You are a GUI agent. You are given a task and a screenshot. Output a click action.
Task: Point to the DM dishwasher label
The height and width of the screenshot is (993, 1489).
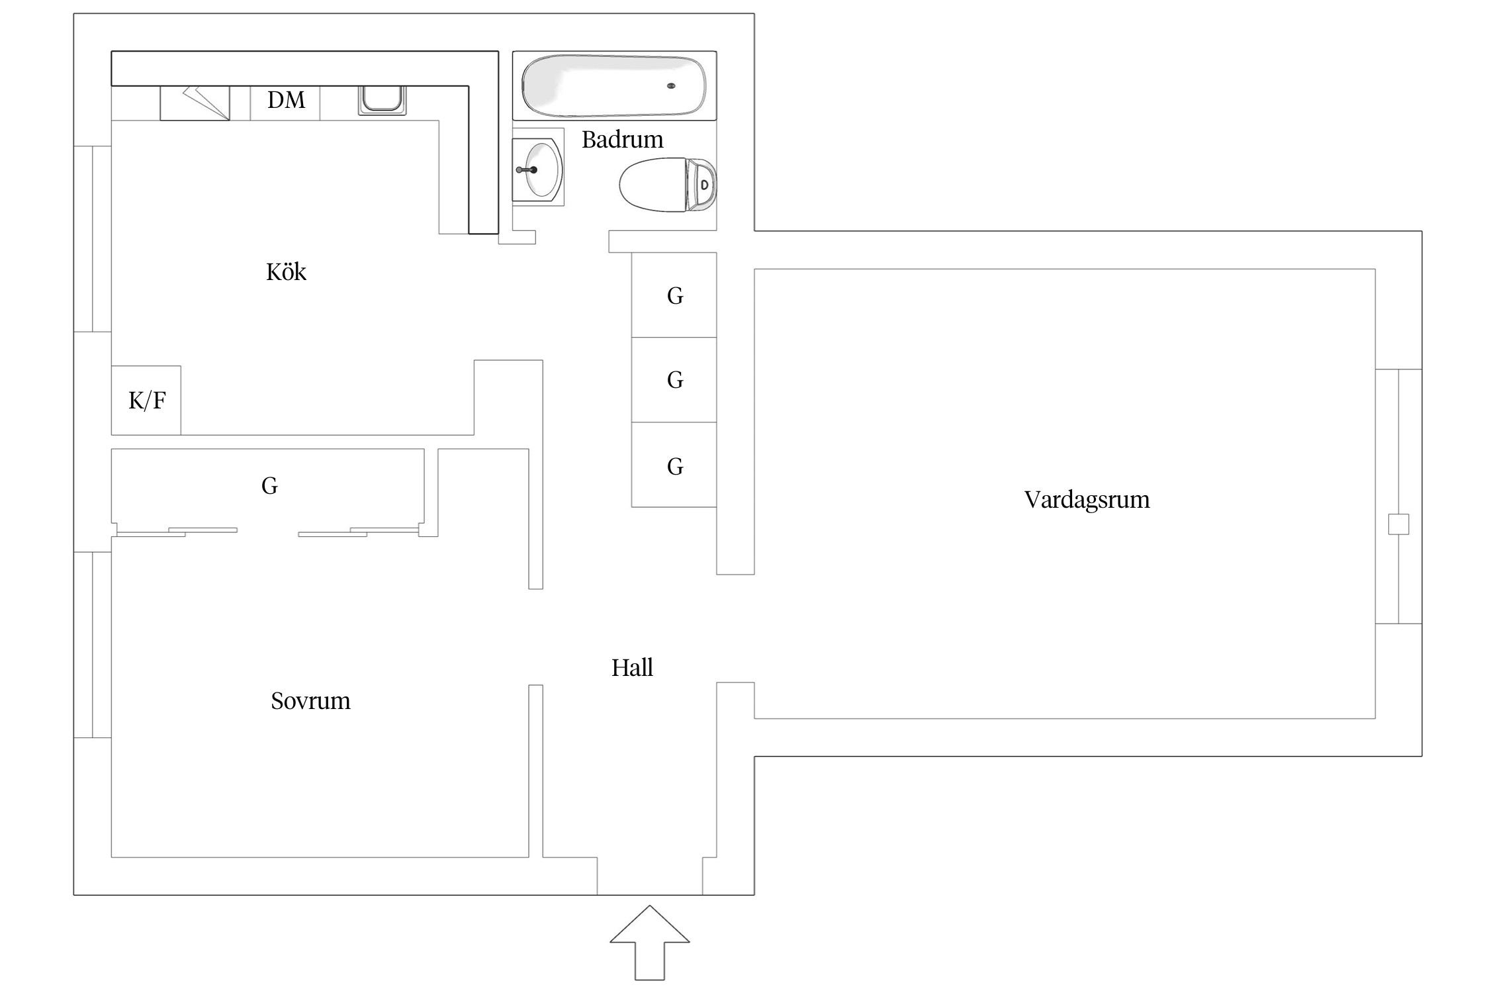tap(286, 100)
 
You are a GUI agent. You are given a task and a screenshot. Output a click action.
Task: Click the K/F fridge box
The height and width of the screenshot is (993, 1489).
tap(146, 400)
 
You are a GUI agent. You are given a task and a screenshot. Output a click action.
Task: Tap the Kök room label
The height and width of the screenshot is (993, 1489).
tap(286, 272)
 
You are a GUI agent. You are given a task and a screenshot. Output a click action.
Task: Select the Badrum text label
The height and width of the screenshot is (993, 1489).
tap(622, 140)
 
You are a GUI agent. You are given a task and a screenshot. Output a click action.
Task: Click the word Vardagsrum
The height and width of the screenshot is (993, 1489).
tap(1087, 500)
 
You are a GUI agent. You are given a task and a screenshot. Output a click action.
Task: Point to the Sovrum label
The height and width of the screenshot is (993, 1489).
tap(310, 701)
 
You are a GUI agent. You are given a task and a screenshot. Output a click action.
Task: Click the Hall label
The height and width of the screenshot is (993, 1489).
tap(632, 668)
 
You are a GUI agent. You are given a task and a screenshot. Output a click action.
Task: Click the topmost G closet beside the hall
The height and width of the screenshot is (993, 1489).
tap(674, 295)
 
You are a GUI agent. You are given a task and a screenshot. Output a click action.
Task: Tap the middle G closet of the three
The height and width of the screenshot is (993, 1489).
tap(674, 380)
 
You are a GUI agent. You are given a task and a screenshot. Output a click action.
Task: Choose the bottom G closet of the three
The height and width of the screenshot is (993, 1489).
tap(674, 466)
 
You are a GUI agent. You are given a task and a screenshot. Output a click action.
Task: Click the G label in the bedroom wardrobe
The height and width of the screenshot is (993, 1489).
tap(269, 486)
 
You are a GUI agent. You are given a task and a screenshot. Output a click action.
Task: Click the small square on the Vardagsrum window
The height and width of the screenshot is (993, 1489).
tap(1398, 524)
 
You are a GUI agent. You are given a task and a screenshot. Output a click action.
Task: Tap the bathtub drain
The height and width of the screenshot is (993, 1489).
tap(671, 86)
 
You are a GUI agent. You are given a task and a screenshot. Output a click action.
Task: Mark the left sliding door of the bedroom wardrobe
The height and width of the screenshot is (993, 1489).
tap(177, 532)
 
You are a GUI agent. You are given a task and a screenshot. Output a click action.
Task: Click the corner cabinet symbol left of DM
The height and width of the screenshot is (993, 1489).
tap(195, 103)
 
